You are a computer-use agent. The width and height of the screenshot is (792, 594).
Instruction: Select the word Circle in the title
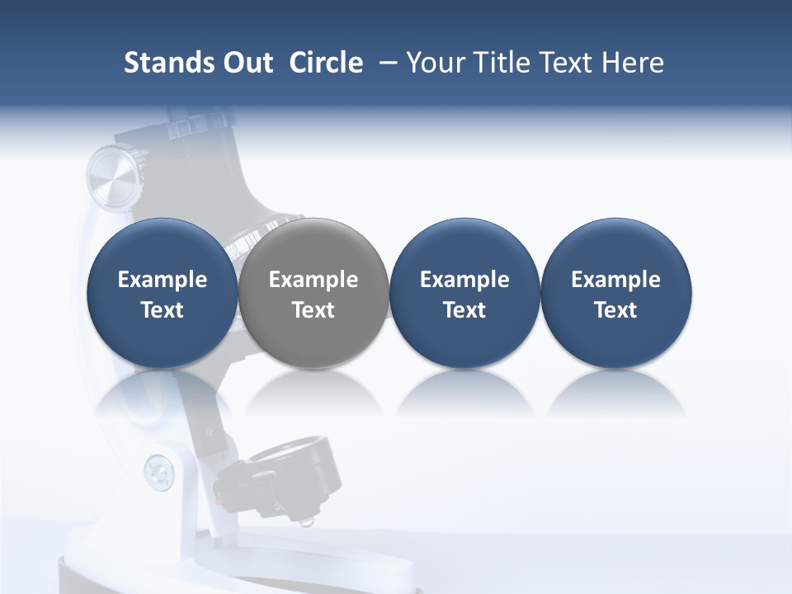point(326,63)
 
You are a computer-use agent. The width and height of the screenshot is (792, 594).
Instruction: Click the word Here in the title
point(634,63)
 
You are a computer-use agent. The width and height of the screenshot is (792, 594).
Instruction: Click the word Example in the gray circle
point(313,280)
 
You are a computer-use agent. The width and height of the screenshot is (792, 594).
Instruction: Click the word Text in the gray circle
point(313,310)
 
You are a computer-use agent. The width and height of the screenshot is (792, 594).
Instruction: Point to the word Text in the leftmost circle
point(163,310)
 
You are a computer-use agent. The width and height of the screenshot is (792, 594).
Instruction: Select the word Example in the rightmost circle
point(615,280)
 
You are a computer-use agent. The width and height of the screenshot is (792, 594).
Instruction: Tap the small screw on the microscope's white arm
point(158,470)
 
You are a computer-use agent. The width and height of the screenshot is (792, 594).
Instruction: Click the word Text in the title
point(570,63)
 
